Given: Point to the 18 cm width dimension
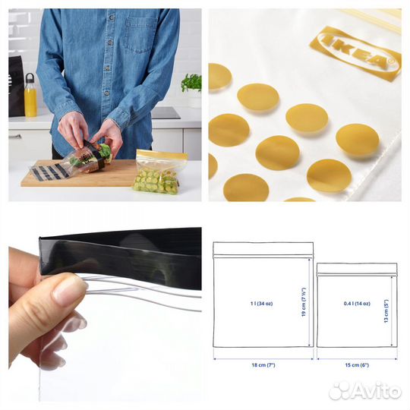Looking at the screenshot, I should click(x=263, y=365).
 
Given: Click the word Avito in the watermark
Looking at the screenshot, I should click(x=378, y=390).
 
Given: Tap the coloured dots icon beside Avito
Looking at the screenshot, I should click(x=341, y=390).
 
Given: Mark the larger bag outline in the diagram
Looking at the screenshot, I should click(x=263, y=296).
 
